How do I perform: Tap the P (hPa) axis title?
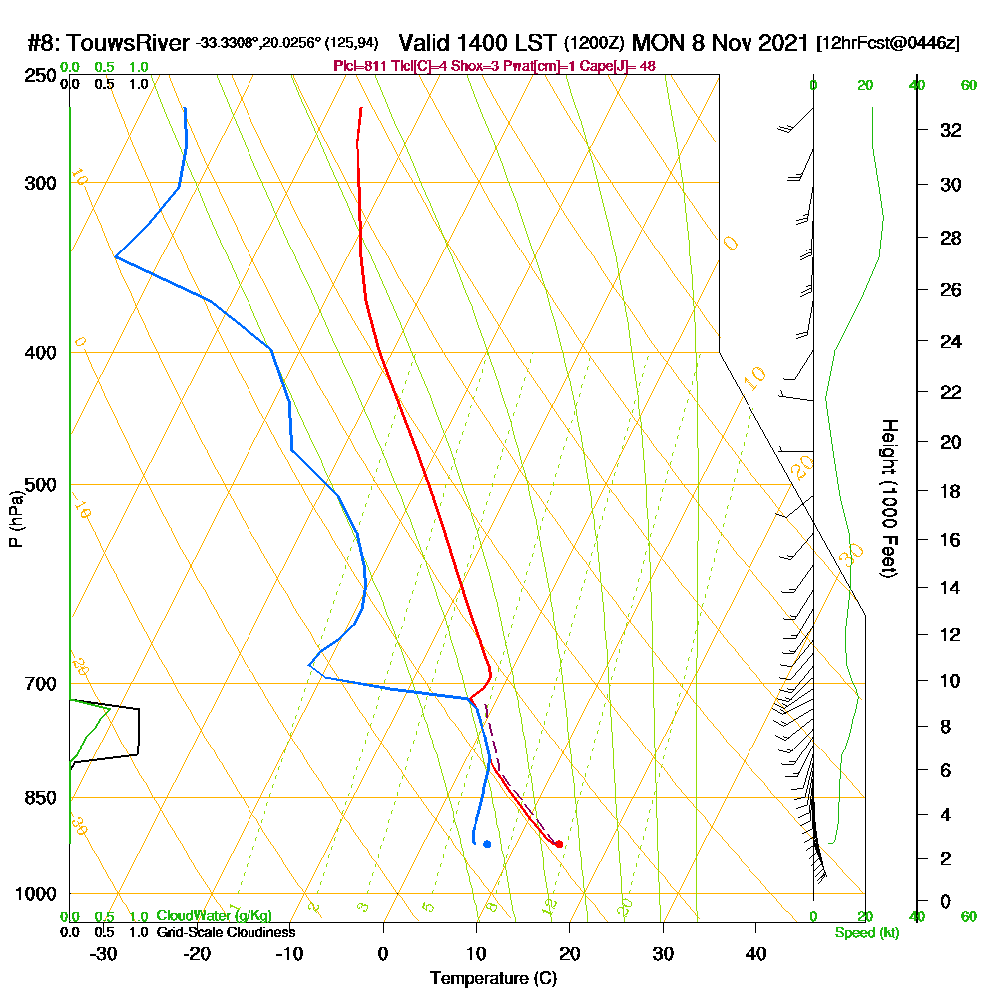coord(16,519)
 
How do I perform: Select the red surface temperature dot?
coord(558,844)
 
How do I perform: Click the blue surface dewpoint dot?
coord(487,844)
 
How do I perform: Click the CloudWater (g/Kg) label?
coord(214,916)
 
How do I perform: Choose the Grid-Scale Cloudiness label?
coord(225,932)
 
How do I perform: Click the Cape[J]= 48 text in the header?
coord(618,66)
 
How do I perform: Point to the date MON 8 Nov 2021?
coord(721,43)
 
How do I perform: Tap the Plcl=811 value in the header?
coord(357,66)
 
